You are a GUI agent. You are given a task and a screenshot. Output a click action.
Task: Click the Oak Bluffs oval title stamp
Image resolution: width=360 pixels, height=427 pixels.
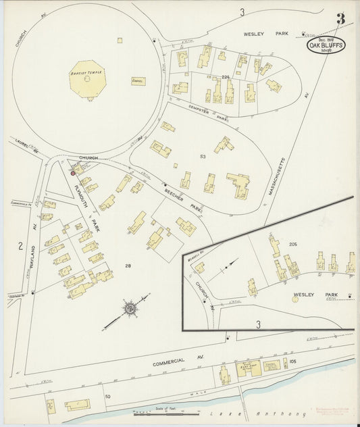click(326, 45)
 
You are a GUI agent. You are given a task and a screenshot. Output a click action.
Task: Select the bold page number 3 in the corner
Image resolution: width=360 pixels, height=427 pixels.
click(340, 19)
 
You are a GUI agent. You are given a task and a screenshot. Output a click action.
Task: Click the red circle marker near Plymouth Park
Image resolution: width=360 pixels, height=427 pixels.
click(73, 173)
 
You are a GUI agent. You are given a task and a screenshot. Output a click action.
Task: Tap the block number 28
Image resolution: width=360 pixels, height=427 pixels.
click(128, 266)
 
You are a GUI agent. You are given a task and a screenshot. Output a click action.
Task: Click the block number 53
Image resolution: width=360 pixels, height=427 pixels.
click(202, 156)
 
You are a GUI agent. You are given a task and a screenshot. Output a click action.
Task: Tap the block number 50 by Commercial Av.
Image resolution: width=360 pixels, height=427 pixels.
click(107, 396)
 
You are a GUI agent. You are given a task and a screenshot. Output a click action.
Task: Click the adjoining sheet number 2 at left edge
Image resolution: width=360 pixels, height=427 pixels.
click(20, 245)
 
